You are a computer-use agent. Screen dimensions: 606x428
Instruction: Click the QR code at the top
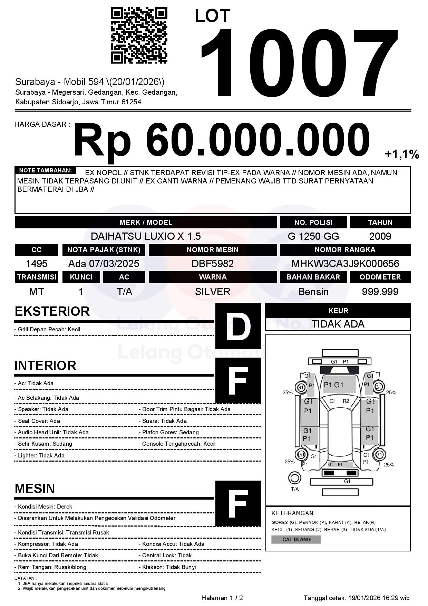[x=139, y=36]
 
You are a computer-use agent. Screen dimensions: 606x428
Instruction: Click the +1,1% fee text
[x=402, y=154]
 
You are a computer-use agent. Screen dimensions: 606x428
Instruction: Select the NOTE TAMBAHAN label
[x=45, y=170]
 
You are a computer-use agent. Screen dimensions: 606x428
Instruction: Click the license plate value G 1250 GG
[x=313, y=236]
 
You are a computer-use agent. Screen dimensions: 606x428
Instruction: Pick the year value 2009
[x=380, y=236]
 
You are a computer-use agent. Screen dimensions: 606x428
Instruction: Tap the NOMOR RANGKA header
[x=345, y=250]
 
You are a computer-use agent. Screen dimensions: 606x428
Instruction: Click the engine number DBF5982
[x=213, y=264]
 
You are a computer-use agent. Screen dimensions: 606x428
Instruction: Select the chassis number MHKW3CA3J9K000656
[x=345, y=264]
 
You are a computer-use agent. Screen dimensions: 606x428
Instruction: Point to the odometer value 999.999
[x=380, y=292]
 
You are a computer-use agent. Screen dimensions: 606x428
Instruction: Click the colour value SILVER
[x=213, y=292]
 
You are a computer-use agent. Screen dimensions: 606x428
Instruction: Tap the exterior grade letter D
[x=238, y=326]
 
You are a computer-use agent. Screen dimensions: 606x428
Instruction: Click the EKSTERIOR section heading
[x=52, y=311]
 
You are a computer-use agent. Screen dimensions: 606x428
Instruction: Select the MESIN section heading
[x=35, y=489]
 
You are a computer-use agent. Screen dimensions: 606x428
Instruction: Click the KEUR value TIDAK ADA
[x=338, y=324]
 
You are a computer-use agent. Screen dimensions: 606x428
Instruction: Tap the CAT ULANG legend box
[x=296, y=539]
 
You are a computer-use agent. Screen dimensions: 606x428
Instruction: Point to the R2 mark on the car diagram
[x=346, y=401]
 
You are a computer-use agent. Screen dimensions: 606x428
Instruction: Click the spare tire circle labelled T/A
[x=294, y=478]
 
